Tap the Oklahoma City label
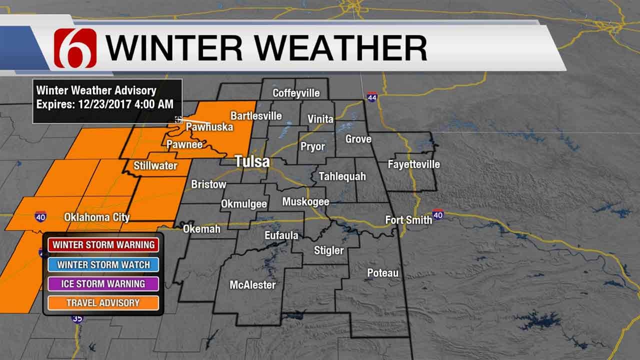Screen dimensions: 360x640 [x=96, y=217]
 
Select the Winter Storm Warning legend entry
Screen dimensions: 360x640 [x=103, y=245]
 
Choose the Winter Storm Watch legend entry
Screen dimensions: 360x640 [x=103, y=264]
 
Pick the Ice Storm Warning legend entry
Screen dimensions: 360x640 [x=103, y=283]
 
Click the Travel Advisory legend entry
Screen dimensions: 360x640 [x=103, y=302]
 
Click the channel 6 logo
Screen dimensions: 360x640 [x=75, y=48]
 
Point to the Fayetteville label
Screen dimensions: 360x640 [x=414, y=164]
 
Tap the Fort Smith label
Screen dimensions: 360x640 [x=408, y=220]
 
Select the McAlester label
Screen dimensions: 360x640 [x=252, y=285]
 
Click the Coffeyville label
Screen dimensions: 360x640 [x=296, y=93]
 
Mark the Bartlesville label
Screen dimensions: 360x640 [x=256, y=116]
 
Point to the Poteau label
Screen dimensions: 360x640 [x=383, y=273]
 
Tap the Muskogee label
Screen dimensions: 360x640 [x=305, y=202]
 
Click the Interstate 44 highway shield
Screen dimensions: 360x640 [x=371, y=96]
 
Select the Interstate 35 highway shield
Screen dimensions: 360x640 [x=77, y=318]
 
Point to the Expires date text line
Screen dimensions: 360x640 [x=105, y=104]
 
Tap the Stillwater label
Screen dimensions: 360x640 [x=155, y=165]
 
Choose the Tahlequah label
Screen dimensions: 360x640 [x=342, y=176]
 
